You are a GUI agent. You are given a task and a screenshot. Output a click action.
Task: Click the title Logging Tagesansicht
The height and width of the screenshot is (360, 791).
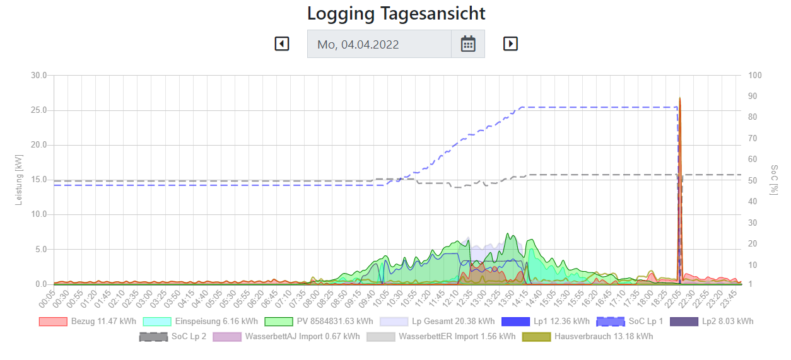click(x=396, y=13)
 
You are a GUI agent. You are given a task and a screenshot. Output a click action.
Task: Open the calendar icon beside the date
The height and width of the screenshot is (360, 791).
click(x=467, y=44)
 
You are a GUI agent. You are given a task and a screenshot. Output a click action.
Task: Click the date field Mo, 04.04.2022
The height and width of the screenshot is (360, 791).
click(x=379, y=44)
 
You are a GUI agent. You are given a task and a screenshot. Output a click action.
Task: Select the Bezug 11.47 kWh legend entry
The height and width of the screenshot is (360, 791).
click(x=88, y=322)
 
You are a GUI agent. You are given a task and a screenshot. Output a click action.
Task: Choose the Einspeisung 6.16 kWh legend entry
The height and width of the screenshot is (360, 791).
click(x=201, y=322)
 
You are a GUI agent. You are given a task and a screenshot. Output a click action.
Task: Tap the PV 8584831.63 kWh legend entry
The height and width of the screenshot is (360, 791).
click(x=319, y=322)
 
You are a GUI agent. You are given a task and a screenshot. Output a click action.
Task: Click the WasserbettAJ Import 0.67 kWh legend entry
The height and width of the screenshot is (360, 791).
click(x=286, y=337)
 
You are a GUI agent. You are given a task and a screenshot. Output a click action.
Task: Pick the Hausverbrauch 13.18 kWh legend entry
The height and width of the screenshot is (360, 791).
click(x=587, y=337)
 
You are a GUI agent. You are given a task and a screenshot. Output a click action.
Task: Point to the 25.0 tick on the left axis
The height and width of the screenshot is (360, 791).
click(x=39, y=110)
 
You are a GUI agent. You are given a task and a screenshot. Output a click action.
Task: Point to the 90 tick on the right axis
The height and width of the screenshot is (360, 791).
click(x=754, y=96)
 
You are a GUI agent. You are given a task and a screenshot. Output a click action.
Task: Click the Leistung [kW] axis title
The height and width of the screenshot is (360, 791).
click(x=19, y=180)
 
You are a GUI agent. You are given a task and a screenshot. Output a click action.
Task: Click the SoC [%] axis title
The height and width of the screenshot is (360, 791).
click(x=774, y=180)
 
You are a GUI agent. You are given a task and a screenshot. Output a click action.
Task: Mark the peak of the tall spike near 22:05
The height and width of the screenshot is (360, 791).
click(x=679, y=98)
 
